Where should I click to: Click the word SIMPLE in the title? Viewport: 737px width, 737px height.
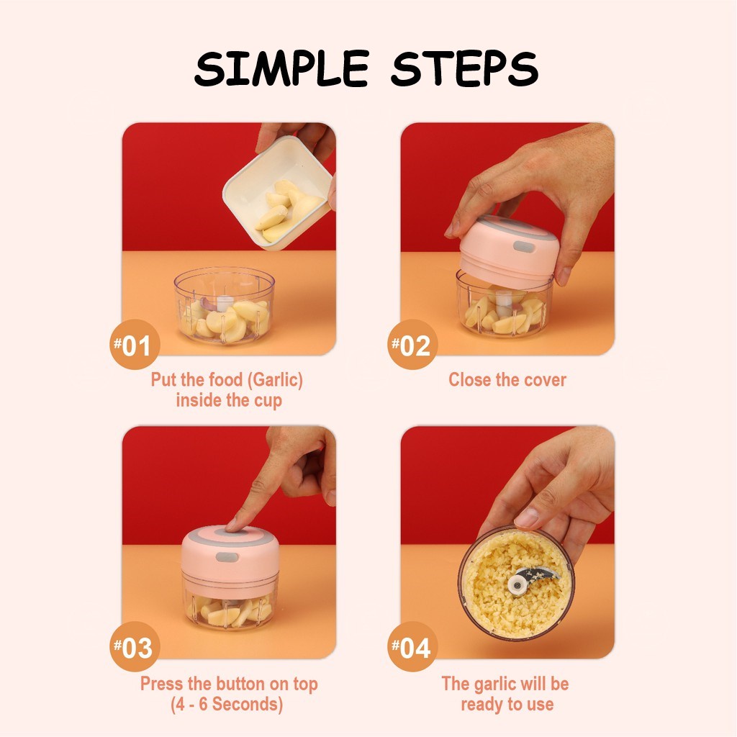coord(281,68)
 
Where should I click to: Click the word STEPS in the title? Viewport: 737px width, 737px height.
coord(464,68)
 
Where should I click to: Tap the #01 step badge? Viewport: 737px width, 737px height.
coord(135,344)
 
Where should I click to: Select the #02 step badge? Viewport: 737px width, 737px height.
coord(412,345)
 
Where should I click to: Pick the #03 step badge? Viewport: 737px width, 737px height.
coord(135,647)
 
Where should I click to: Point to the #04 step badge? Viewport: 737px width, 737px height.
coord(412,647)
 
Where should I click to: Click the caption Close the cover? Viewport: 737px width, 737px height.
coord(507,380)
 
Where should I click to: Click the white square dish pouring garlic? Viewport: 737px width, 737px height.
coord(277,192)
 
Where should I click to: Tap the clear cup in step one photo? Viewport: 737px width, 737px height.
coord(224,305)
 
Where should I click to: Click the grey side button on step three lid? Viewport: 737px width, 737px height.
coord(227,557)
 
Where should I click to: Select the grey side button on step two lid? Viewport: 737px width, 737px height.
coord(524,246)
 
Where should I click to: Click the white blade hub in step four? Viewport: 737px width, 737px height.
coord(517,584)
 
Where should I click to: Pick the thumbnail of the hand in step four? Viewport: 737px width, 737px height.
coord(526,517)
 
